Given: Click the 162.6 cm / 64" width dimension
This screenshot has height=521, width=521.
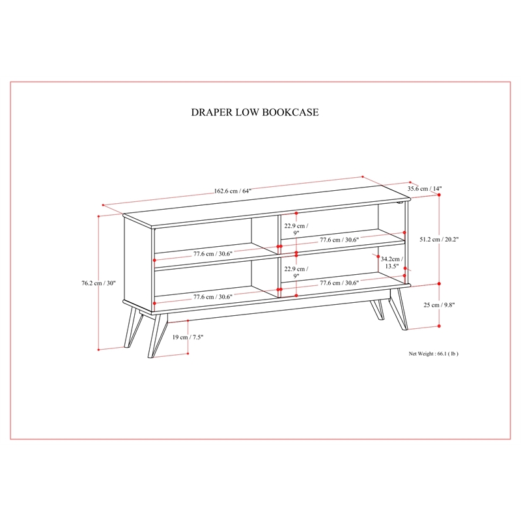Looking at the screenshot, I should coord(232,191).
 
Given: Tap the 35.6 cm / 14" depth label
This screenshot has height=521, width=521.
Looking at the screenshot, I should coord(425,189).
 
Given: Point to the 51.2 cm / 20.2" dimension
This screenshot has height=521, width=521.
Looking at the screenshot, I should coord(439,239).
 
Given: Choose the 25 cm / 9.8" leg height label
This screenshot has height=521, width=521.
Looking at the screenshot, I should coord(439,305).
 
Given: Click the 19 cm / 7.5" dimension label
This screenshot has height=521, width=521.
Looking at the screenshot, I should coord(189,337).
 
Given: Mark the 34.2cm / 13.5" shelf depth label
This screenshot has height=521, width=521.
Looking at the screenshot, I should coord(391,262).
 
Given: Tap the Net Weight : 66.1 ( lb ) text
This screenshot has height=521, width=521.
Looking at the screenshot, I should coord(434,354).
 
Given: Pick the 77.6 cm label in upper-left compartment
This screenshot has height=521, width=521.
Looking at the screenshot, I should coord(213,253).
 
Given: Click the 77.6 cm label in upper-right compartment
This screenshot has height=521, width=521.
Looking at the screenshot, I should coord(339,240).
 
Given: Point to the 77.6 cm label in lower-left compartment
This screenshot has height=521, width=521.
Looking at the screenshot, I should coord(213,296).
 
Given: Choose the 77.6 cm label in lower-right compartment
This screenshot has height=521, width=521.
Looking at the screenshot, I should coord(339,283).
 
